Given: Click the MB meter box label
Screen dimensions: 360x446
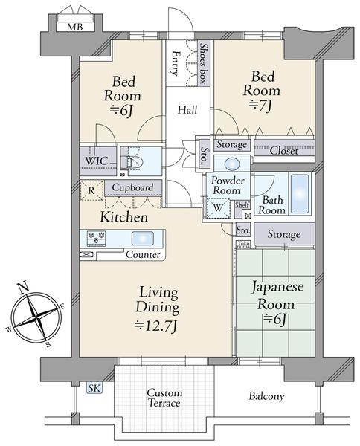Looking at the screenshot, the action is pyautogui.click(x=75, y=27).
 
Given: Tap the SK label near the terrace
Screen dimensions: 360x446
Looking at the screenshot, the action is pyautogui.click(x=94, y=388).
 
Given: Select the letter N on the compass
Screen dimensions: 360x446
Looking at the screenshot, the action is pyautogui.click(x=25, y=287).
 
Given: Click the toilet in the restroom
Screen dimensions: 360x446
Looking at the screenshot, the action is pyautogui.click(x=132, y=162).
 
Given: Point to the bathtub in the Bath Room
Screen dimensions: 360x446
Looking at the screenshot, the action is pyautogui.click(x=300, y=193).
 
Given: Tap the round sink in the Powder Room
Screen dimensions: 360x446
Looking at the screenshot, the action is pyautogui.click(x=233, y=164).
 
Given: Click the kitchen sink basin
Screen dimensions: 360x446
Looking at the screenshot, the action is pyautogui.click(x=143, y=239).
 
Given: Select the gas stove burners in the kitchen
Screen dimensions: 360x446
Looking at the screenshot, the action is pyautogui.click(x=97, y=238).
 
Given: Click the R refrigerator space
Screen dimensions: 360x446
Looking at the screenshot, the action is pyautogui.click(x=91, y=190).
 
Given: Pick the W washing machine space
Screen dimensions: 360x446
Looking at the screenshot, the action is pyautogui.click(x=218, y=208).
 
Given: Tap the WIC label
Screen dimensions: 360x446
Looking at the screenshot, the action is pyautogui.click(x=97, y=161).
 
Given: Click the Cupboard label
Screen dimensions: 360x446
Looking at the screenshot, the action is pyautogui.click(x=132, y=187).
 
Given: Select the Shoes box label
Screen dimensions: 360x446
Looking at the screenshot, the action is pyautogui.click(x=203, y=63).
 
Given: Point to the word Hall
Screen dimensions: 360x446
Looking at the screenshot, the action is pyautogui.click(x=187, y=109).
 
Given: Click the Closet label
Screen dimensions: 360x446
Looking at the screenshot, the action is pyautogui.click(x=284, y=150).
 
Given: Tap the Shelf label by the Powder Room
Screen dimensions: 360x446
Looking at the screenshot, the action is pyautogui.click(x=242, y=205).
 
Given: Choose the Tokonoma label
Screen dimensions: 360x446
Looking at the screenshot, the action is pyautogui.click(x=244, y=244).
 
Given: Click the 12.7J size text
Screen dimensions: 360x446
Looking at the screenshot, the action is pyautogui.click(x=156, y=326).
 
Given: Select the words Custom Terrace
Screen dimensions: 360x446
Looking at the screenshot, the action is pyautogui.click(x=164, y=398).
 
